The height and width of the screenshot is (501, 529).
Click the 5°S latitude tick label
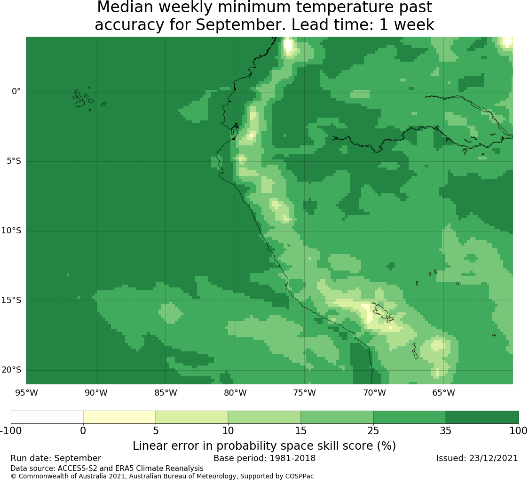pos(14,161)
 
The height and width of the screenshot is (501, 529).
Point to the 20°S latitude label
pos(11,370)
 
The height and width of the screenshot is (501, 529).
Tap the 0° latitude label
pos(16,91)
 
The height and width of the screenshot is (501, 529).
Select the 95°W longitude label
pos(26,393)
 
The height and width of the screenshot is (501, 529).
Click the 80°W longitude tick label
pos(235,393)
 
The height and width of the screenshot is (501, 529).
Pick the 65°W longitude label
pos(443,393)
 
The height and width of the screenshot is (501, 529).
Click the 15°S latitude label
pos(11,301)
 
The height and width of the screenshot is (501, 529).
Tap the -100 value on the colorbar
pos(10,431)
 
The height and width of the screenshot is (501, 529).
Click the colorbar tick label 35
pos(446,431)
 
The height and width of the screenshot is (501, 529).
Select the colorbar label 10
pos(228,431)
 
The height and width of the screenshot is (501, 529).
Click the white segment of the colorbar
pos(47,417)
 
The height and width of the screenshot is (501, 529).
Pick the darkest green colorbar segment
pos(482,417)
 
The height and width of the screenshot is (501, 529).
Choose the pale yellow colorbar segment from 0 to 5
pos(119,417)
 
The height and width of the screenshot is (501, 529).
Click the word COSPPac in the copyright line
pos(300,477)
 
